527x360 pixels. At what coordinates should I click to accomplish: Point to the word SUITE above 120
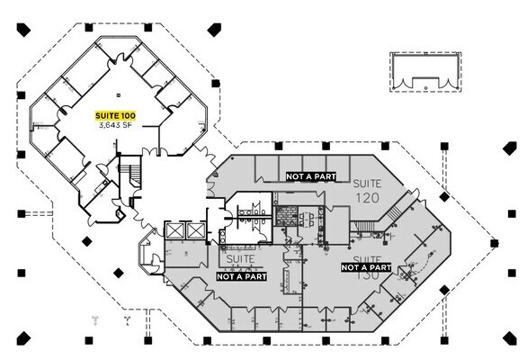point(367,183)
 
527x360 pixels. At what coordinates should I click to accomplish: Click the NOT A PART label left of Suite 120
point(310,176)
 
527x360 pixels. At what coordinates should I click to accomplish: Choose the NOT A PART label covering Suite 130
point(366,267)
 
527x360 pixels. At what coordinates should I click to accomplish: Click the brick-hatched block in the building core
point(286,217)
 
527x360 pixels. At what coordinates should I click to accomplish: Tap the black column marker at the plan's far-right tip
point(494,243)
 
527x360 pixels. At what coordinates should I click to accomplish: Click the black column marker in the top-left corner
point(23,31)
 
